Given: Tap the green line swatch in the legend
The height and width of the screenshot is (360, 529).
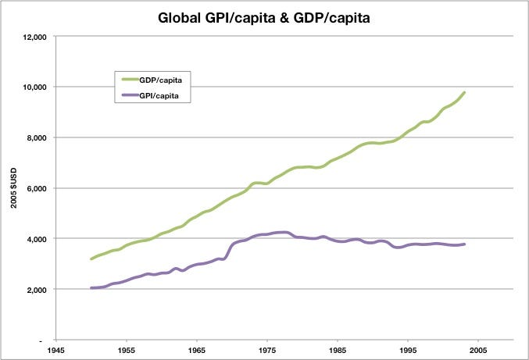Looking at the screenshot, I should click(x=132, y=80).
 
